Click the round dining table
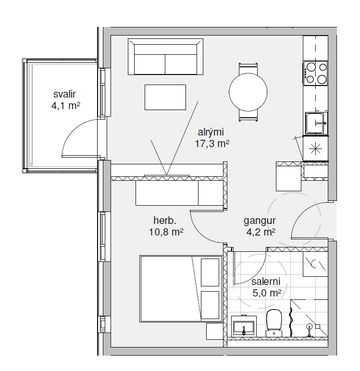point(248,92)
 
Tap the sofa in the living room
point(165,57)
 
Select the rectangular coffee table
point(165,97)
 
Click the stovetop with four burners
point(315,73)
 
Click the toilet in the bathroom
point(274,323)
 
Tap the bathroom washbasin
point(244,326)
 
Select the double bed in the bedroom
point(181,289)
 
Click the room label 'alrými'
point(211,132)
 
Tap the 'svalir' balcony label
point(64,94)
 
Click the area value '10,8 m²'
point(166,232)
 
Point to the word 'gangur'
point(260,221)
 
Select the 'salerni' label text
point(266,282)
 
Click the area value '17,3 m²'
point(212,144)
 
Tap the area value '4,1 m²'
point(65,106)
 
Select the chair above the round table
point(248,69)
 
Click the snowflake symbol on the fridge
point(315,149)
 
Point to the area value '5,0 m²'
point(267,293)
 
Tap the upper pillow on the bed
point(210,272)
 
